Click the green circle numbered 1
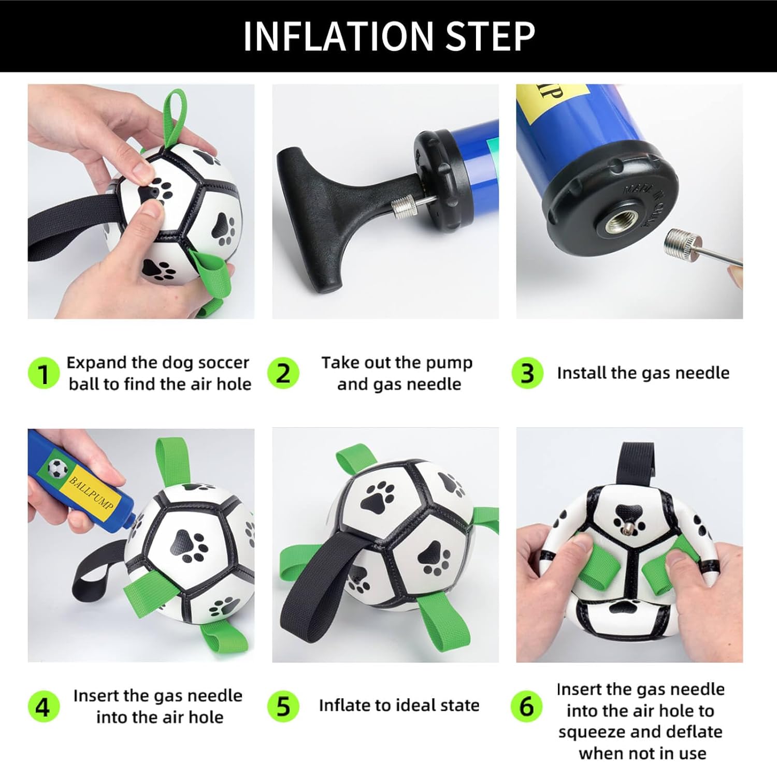pos(44,373)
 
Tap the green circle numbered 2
pos(283,373)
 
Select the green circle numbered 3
pos(527,373)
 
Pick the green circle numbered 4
pos(44,706)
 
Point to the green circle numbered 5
pos(283,706)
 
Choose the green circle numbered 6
pos(526,706)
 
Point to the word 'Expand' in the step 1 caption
pos(96,363)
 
